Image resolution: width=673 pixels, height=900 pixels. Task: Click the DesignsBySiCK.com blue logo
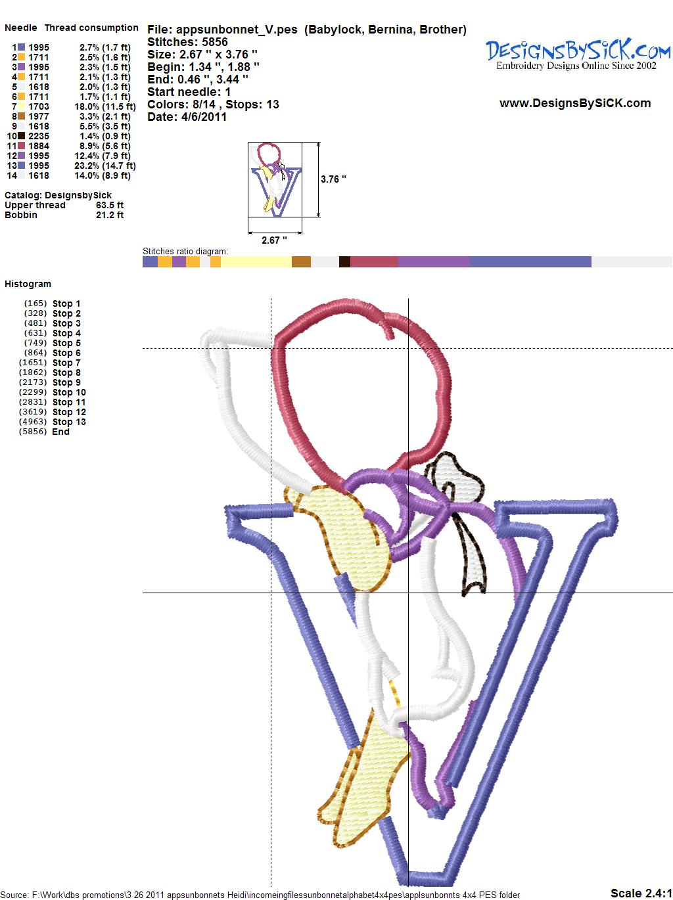tap(578, 55)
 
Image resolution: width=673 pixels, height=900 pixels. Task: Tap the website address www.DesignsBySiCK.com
tap(575, 103)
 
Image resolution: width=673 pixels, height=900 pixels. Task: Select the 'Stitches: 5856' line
tap(187, 42)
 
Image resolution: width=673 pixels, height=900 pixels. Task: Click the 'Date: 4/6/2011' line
tap(187, 117)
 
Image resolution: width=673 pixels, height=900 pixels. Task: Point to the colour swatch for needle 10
tap(21, 136)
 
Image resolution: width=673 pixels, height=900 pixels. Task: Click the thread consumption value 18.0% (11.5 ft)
tap(105, 106)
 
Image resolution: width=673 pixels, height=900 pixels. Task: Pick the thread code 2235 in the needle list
tap(39, 136)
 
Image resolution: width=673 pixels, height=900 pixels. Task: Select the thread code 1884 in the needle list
tap(39, 146)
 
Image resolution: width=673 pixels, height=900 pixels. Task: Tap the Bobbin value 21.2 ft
tap(110, 215)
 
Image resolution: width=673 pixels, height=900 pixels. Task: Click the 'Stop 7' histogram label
tap(66, 363)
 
